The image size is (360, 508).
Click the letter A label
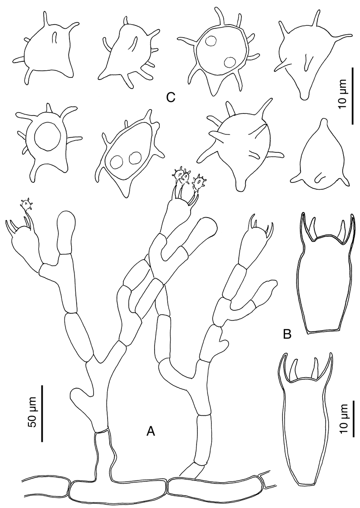pyautogui.click(x=151, y=431)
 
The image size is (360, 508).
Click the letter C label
pyautogui.click(x=171, y=97)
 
